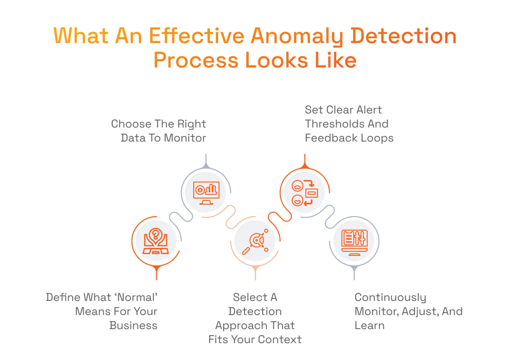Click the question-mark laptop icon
pyautogui.click(x=156, y=241)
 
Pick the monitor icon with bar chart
pyautogui.click(x=206, y=191)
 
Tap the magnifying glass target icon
pyautogui.click(x=255, y=241)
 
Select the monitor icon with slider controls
pyautogui.click(x=354, y=241)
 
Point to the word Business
pyautogui.click(x=133, y=326)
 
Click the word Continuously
pyautogui.click(x=390, y=298)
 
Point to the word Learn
pyautogui.click(x=370, y=326)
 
